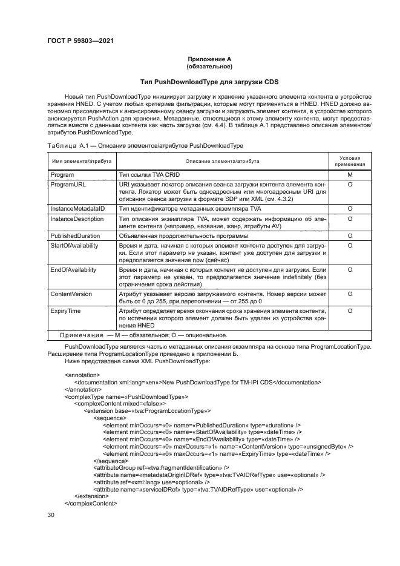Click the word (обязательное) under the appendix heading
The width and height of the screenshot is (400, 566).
(x=209, y=67)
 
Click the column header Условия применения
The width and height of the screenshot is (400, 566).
(x=350, y=161)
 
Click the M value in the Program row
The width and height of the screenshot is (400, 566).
(x=350, y=174)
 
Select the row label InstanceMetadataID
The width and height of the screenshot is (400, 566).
(x=78, y=208)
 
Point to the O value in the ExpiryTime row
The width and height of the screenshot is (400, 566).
(x=350, y=310)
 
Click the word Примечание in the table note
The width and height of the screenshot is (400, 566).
(x=81, y=335)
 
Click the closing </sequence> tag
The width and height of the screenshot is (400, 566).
(x=111, y=460)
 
